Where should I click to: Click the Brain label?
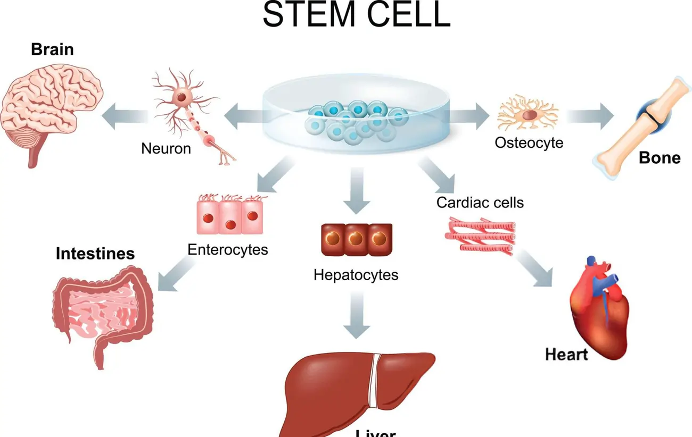tap(52, 49)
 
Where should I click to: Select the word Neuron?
tap(166, 148)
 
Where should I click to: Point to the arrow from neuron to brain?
tap(125, 117)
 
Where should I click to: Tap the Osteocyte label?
tap(529, 142)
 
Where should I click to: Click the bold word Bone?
tap(660, 158)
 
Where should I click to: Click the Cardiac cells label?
tap(480, 203)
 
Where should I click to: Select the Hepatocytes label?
tap(356, 275)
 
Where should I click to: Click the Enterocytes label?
tap(227, 249)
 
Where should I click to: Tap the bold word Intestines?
tap(95, 253)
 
